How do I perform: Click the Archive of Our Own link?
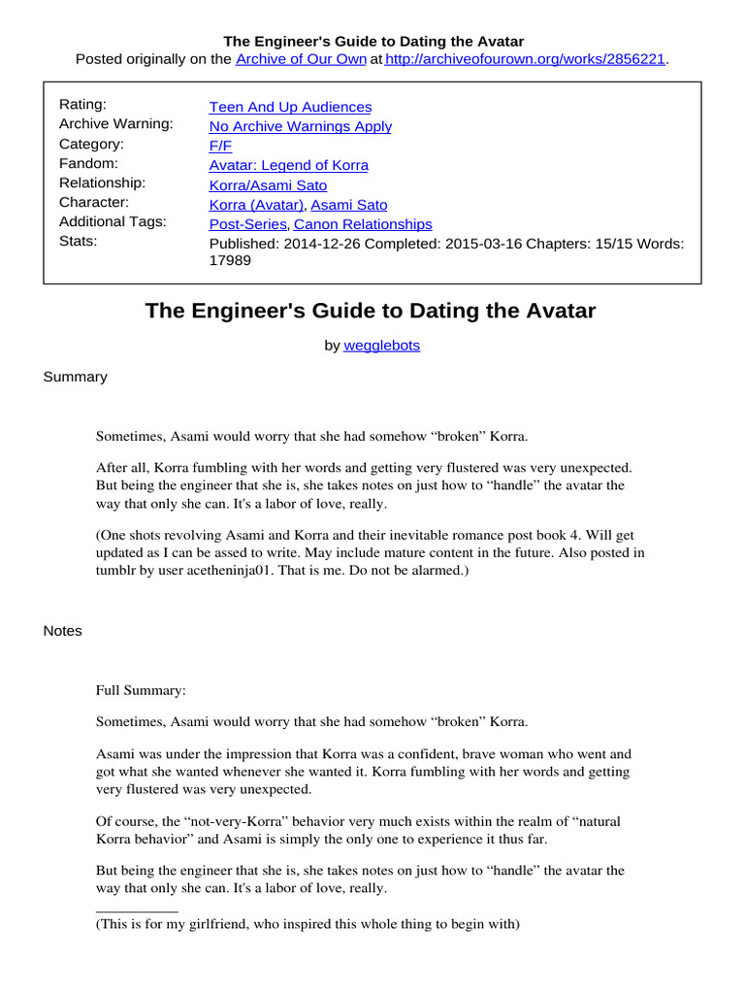(x=302, y=59)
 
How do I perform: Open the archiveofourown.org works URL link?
(x=526, y=59)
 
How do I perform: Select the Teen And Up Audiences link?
(x=290, y=107)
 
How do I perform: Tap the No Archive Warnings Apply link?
(x=301, y=126)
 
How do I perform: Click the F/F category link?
(x=220, y=146)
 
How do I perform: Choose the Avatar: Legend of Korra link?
(x=289, y=165)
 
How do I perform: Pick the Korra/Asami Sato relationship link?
(x=268, y=184)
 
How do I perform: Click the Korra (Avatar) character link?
(x=257, y=205)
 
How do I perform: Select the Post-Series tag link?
(x=247, y=224)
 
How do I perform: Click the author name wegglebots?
(x=382, y=345)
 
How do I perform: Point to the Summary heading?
(x=75, y=377)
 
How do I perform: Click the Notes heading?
(x=63, y=631)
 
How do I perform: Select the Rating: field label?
(x=82, y=105)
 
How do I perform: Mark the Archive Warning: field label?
(x=115, y=124)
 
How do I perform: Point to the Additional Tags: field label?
(x=113, y=221)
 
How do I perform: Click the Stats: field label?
(x=79, y=241)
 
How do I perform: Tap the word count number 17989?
(x=231, y=261)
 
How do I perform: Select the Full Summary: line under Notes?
(x=141, y=691)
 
